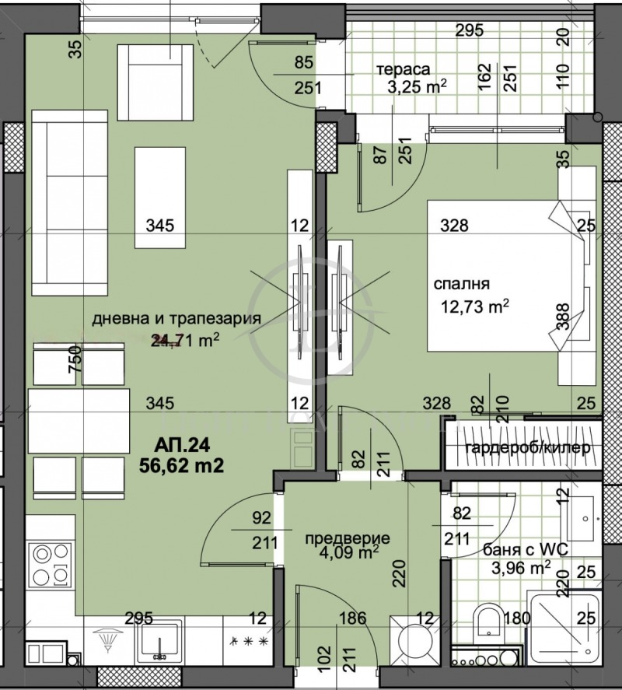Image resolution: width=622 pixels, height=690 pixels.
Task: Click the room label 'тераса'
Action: [x=404, y=68]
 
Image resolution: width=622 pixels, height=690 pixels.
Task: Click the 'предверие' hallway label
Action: [x=348, y=538]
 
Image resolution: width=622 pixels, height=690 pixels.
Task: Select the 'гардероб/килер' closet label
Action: [x=522, y=449]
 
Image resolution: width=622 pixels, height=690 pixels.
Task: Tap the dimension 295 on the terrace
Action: [x=469, y=31]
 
